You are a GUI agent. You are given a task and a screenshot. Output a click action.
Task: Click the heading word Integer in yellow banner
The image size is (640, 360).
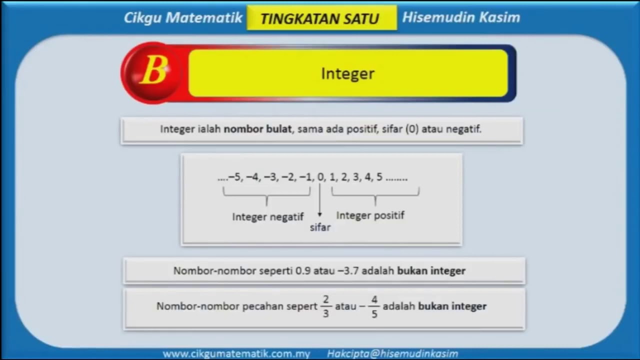pyautogui.click(x=347, y=73)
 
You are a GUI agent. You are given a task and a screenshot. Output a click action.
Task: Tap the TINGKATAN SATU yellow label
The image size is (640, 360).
pyautogui.click(x=320, y=18)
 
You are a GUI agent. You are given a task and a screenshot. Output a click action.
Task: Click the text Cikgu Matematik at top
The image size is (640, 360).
pyautogui.click(x=183, y=18)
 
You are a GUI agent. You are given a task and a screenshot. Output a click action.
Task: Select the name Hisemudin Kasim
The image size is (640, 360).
pyautogui.click(x=461, y=18)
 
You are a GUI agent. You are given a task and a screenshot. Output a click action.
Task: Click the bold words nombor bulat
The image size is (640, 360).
pyautogui.click(x=257, y=129)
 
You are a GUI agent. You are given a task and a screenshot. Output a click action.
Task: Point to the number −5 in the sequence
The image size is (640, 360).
pyautogui.click(x=234, y=177)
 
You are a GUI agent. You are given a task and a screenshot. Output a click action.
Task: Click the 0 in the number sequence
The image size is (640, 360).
pyautogui.click(x=320, y=177)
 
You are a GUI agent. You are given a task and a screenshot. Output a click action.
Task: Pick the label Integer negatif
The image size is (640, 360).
pyautogui.click(x=267, y=217)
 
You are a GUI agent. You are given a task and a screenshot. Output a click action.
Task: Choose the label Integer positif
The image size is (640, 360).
pyautogui.click(x=370, y=215)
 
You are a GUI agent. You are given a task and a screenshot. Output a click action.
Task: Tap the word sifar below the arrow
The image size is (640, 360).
pyautogui.click(x=320, y=227)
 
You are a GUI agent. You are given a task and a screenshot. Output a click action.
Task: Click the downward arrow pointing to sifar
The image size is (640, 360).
pyautogui.click(x=320, y=200)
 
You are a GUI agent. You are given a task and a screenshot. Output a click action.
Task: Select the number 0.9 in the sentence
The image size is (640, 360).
pyautogui.click(x=303, y=271)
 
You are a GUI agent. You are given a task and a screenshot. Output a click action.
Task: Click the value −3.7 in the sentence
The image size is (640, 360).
pyautogui.click(x=348, y=271)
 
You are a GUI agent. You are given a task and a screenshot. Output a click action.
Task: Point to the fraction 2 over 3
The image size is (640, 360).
pyautogui.click(x=326, y=306)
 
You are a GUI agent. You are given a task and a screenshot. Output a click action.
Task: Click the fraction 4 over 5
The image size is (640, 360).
pyautogui.click(x=374, y=306)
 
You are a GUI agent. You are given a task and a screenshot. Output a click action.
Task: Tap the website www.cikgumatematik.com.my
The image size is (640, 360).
pyautogui.click(x=236, y=353)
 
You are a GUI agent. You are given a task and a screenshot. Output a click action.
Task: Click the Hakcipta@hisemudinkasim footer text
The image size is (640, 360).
pyautogui.click(x=392, y=353)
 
